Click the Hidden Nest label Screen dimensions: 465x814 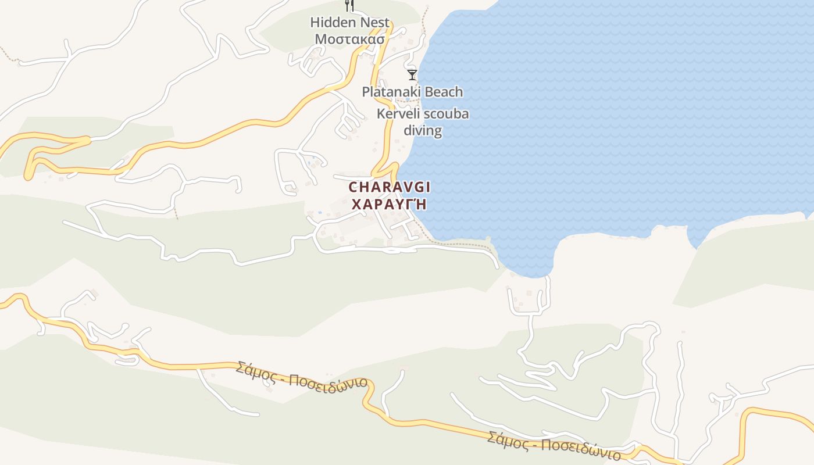(349, 23)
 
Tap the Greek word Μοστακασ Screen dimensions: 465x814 (349, 40)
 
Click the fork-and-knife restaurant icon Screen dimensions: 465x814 (349, 6)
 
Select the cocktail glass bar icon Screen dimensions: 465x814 (412, 74)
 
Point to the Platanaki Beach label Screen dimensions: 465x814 (412, 92)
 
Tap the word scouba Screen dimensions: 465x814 (446, 114)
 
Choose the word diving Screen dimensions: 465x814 (423, 130)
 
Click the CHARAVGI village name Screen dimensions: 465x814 (389, 187)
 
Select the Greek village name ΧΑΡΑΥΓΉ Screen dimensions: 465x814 (389, 204)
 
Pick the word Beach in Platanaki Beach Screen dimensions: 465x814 (444, 92)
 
